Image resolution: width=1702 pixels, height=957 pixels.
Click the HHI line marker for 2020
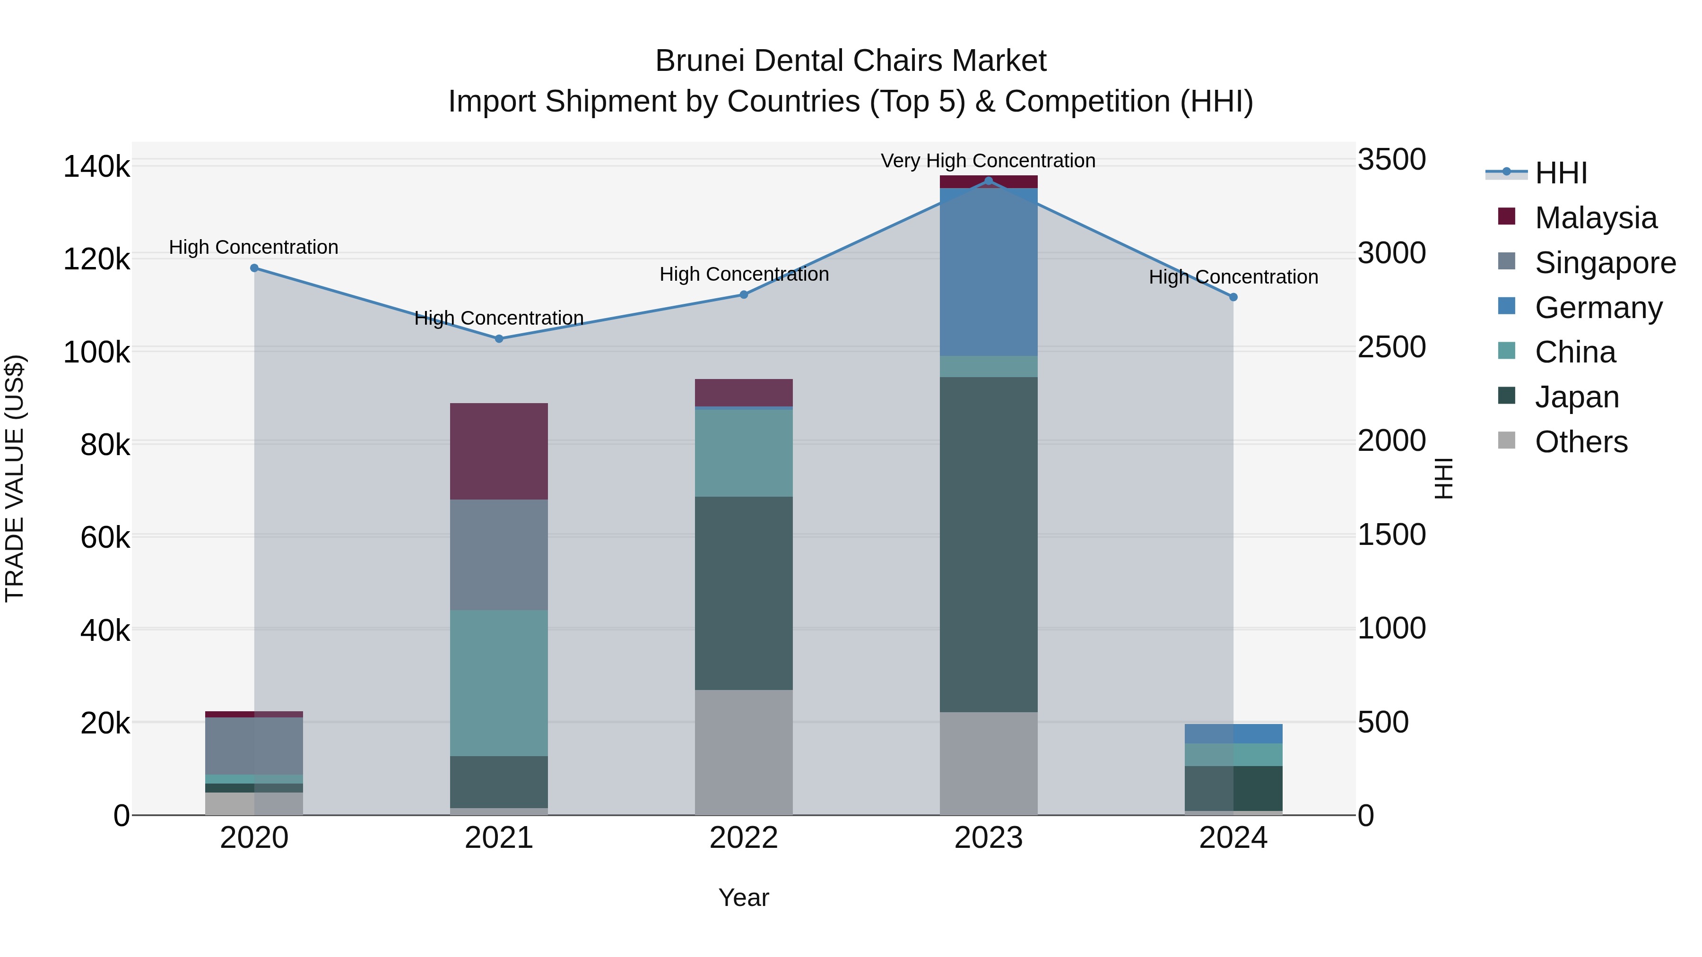click(x=254, y=268)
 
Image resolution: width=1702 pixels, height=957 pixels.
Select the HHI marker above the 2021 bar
click(x=499, y=339)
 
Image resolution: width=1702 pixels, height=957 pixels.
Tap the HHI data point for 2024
click(x=1233, y=297)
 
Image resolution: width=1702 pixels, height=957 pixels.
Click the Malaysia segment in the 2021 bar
click(x=499, y=451)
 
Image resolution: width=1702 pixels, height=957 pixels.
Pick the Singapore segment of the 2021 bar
click(x=499, y=555)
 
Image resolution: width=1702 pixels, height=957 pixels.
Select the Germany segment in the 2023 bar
click(x=989, y=272)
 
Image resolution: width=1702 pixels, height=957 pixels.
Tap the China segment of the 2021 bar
click(x=499, y=683)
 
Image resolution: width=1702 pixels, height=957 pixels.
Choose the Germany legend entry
click(x=1598, y=308)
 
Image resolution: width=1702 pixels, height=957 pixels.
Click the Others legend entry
click(x=1580, y=442)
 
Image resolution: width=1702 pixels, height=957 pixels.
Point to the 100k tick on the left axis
click(x=96, y=353)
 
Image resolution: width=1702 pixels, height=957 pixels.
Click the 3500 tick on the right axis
click(x=1391, y=160)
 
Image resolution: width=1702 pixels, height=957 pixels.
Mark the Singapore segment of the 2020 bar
click(x=254, y=746)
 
